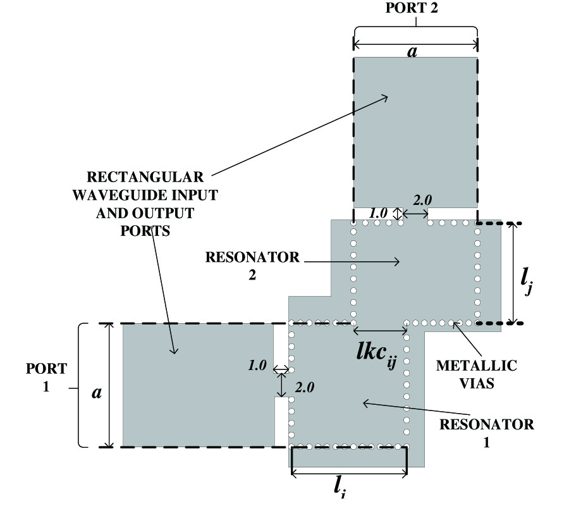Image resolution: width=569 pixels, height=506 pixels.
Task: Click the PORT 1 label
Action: pyautogui.click(x=45, y=377)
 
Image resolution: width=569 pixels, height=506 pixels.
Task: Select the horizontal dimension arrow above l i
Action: pyautogui.click(x=348, y=471)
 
